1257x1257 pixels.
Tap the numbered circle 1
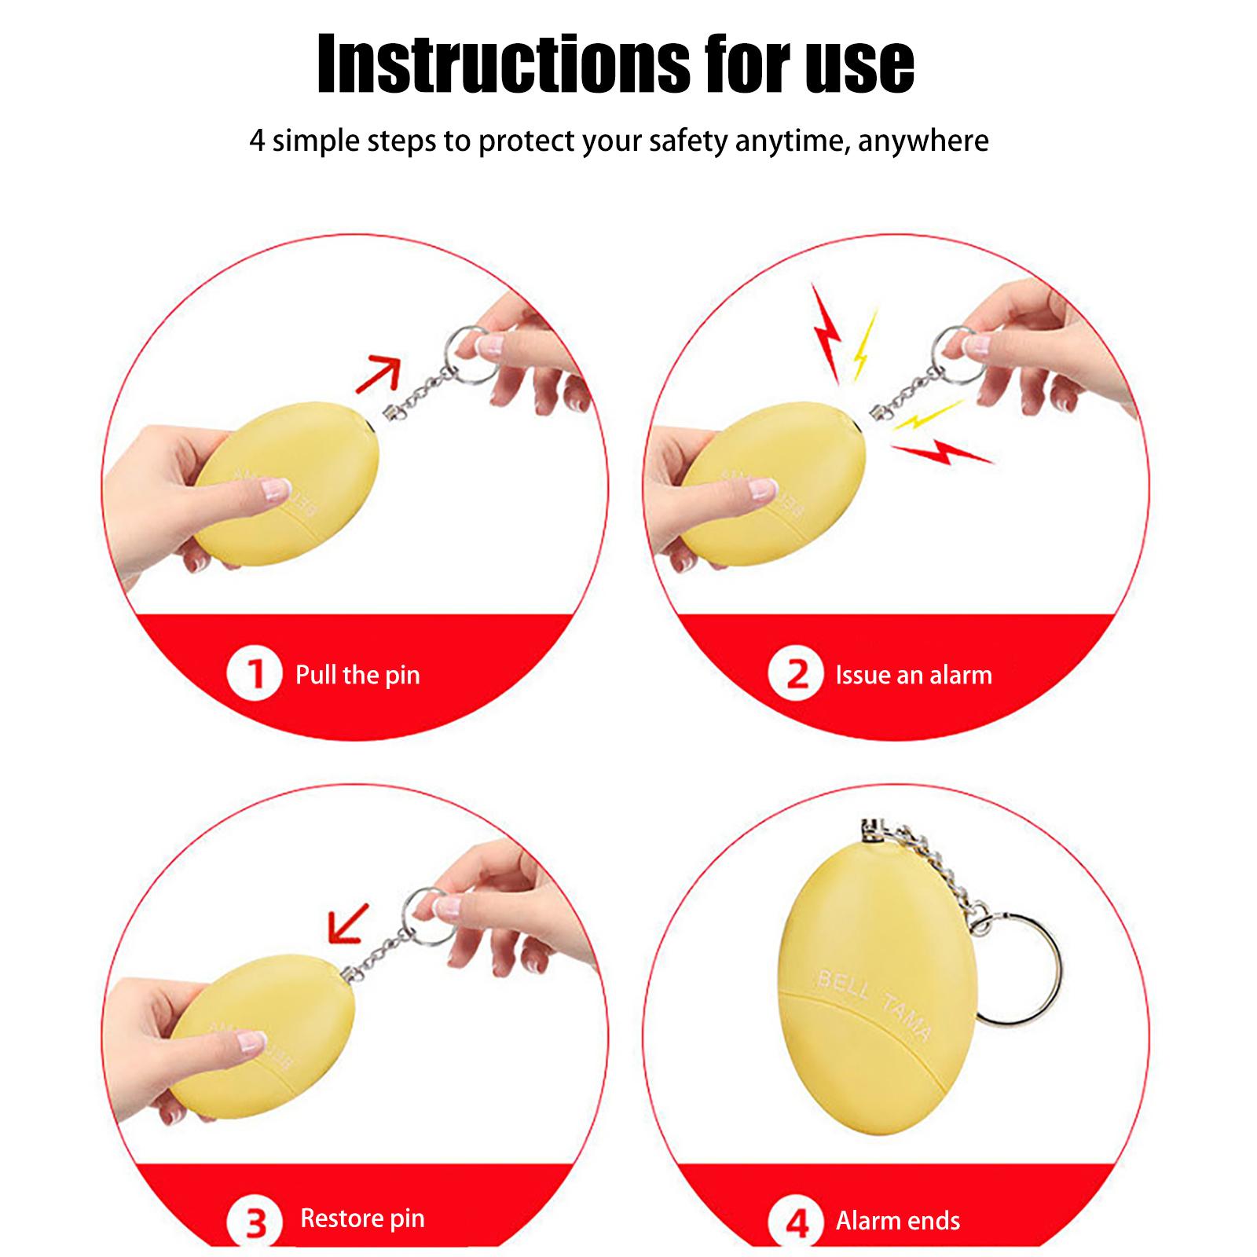click(x=255, y=673)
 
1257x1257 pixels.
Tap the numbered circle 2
click(x=796, y=673)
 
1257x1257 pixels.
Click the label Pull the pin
click(x=357, y=675)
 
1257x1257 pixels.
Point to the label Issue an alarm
click(x=914, y=675)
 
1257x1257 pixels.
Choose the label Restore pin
click(x=362, y=1219)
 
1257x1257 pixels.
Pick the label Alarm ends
click(x=898, y=1220)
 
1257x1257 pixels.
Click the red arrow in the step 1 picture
click(x=379, y=373)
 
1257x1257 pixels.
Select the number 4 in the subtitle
click(x=257, y=141)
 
